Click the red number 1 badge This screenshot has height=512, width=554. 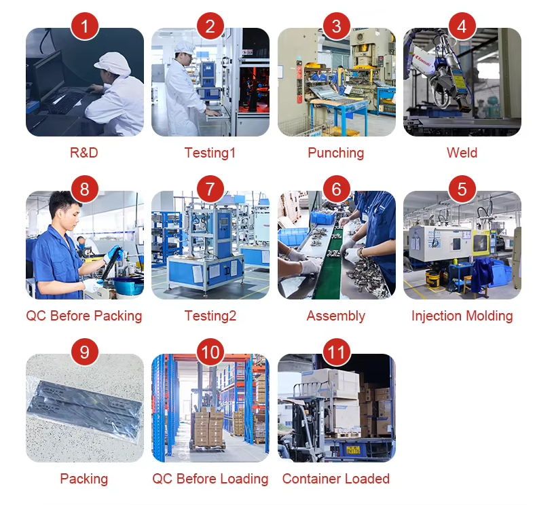tap(84, 26)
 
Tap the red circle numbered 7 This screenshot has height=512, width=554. tap(210, 189)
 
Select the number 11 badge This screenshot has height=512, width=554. tap(336, 352)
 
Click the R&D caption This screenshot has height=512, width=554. tap(84, 153)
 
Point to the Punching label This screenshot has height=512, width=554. tap(336, 153)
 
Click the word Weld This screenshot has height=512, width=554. tap(462, 153)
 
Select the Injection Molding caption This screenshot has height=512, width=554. tap(462, 316)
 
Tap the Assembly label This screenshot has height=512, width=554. tap(336, 316)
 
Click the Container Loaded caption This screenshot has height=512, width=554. tap(336, 479)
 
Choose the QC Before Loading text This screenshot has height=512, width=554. tap(210, 479)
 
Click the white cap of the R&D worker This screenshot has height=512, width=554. tap(112, 64)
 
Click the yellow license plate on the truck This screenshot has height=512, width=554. tap(353, 450)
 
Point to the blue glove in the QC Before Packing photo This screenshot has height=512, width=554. tap(114, 253)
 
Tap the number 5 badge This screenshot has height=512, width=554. tap(462, 189)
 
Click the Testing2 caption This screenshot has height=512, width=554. tap(210, 316)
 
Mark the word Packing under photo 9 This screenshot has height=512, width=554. tap(84, 479)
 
